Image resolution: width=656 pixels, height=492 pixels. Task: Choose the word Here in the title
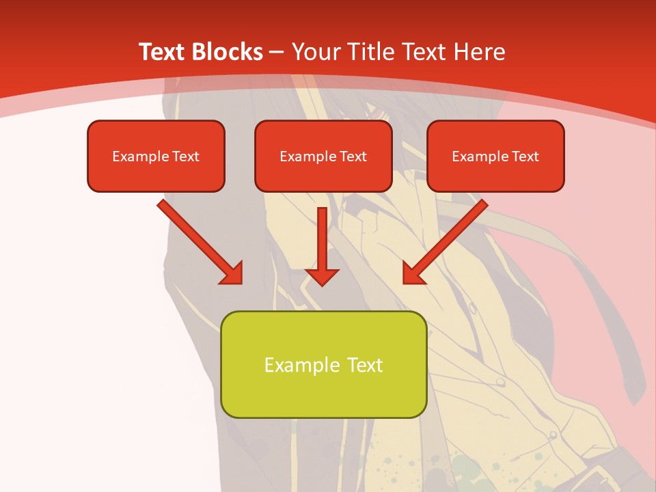[481, 52]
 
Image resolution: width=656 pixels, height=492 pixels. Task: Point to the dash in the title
[277, 52]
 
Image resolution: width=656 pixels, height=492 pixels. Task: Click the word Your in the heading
[317, 52]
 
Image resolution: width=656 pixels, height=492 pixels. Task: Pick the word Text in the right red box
[525, 156]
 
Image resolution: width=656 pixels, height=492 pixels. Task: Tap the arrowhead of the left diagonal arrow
[232, 273]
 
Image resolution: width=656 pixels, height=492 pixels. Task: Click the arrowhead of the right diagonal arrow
[412, 273]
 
